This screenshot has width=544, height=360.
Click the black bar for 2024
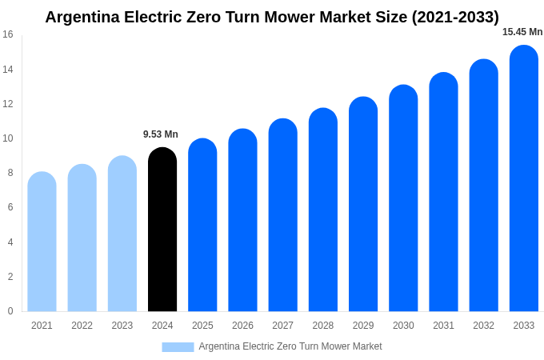click(162, 230)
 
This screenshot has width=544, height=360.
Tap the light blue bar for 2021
click(42, 242)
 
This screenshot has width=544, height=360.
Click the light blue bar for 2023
click(122, 234)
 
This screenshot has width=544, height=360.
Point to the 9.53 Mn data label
click(161, 134)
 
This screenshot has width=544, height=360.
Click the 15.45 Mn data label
click(522, 32)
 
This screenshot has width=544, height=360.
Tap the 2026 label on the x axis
click(242, 326)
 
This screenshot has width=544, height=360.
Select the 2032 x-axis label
click(483, 326)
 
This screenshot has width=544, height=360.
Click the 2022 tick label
click(82, 326)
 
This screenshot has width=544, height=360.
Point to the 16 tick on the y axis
click(8, 34)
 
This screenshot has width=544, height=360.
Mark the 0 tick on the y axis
click(10, 311)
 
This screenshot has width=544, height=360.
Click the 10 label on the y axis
click(8, 138)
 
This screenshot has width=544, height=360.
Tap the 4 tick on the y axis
click(10, 242)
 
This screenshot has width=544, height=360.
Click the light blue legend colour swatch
click(178, 347)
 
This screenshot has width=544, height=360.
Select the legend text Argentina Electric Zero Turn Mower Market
click(290, 346)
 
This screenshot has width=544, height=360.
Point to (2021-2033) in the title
click(455, 17)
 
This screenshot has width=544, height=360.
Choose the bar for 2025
click(202, 225)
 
